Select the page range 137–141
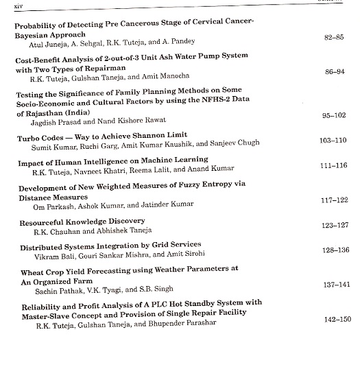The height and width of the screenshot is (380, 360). (335, 284)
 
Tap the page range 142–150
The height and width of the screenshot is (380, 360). (335, 320)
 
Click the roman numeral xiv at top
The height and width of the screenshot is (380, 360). (9, 6)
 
